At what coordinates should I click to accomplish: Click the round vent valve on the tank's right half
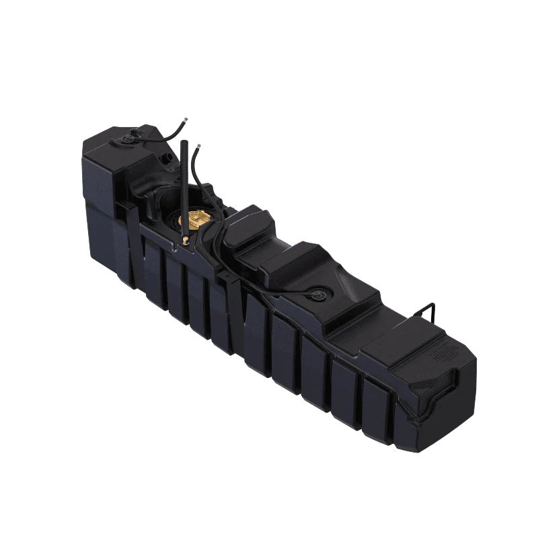click(316, 294)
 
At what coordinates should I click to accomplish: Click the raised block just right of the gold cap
click(248, 225)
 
